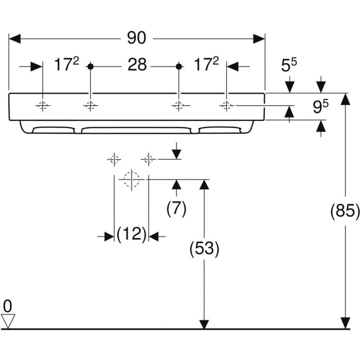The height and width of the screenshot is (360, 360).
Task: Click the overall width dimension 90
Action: pyautogui.click(x=137, y=38)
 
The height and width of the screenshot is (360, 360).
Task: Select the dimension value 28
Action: pyautogui.click(x=137, y=65)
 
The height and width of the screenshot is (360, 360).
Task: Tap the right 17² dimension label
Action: pyautogui.click(x=206, y=65)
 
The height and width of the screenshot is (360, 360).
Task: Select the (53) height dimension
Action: pyautogui.click(x=204, y=249)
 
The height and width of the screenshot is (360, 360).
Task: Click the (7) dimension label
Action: pyautogui.click(x=176, y=209)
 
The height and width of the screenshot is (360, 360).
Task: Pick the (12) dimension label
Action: pyautogui.click(x=131, y=235)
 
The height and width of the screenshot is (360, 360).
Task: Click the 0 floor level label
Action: pyautogui.click(x=8, y=307)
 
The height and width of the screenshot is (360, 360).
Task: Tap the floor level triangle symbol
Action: pyautogui.click(x=8, y=321)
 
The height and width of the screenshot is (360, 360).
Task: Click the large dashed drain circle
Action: pyautogui.click(x=132, y=179)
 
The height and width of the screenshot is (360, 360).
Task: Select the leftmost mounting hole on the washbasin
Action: pyautogui.click(x=43, y=106)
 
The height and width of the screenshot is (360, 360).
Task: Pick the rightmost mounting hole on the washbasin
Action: pyautogui.click(x=226, y=106)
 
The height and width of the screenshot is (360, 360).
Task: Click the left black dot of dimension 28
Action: pyautogui.click(x=91, y=66)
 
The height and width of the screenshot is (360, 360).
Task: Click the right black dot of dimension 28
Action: pyautogui.click(x=178, y=66)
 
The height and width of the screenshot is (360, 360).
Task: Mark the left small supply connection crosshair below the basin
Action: pyautogui.click(x=114, y=159)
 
